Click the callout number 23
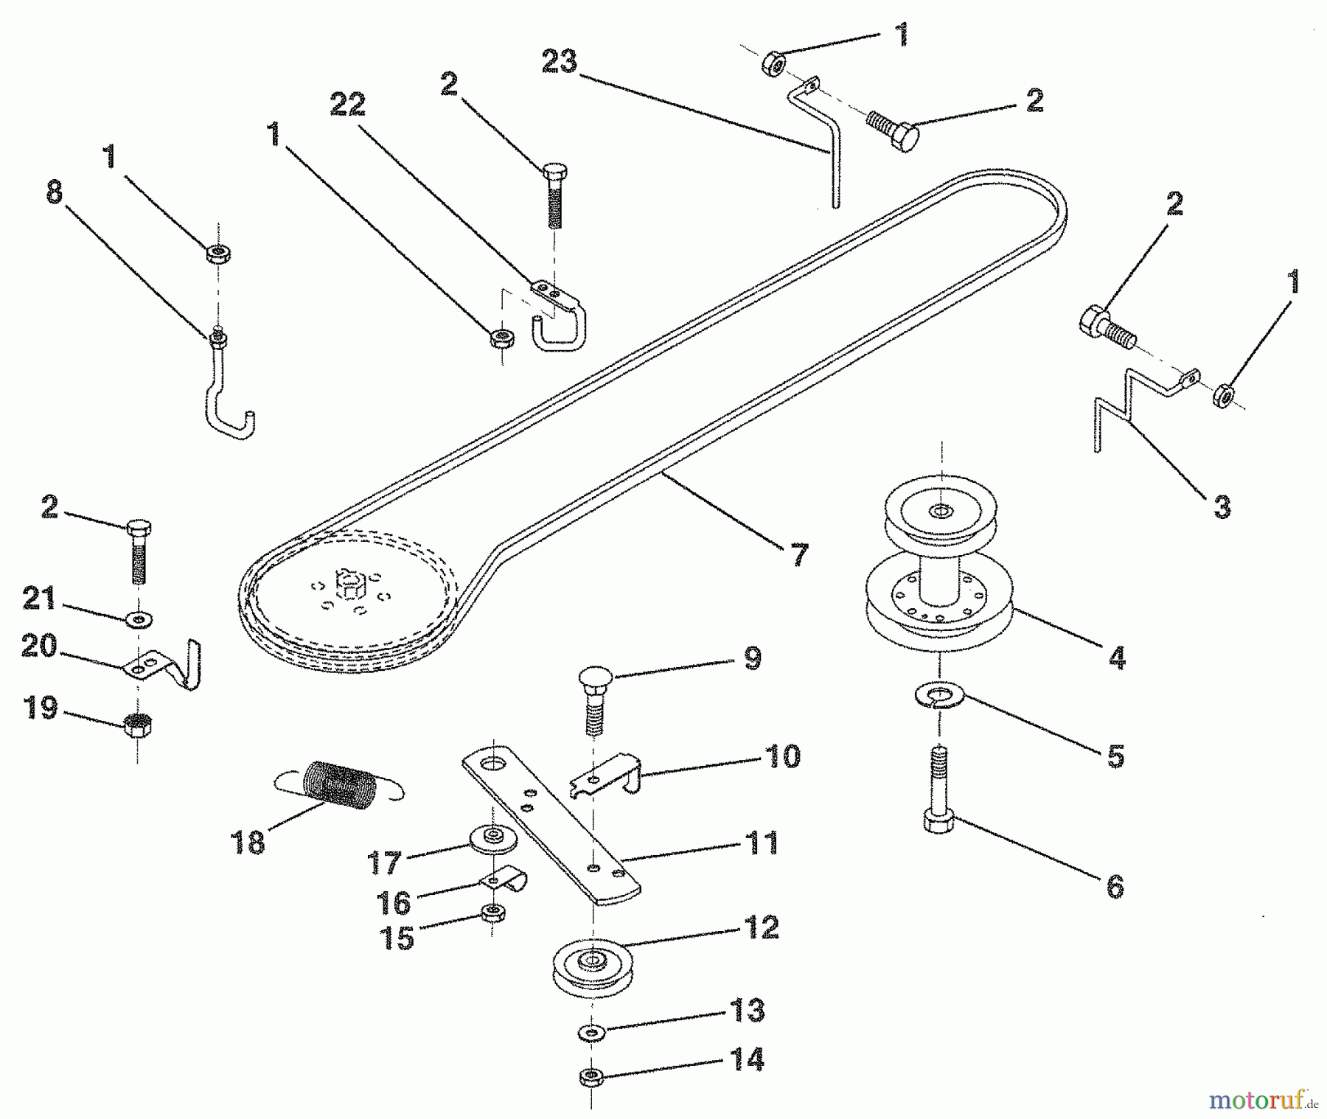coord(560,62)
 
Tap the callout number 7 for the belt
coord(799,554)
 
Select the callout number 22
coord(348,105)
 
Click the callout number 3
coord(1222,507)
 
